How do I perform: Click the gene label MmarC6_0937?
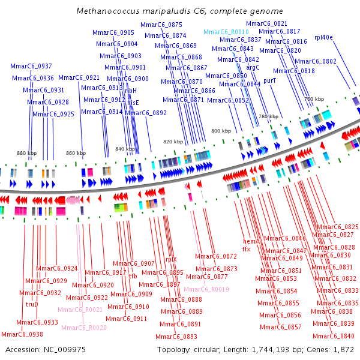[x=31, y=66]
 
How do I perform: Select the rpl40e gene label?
[x=323, y=37]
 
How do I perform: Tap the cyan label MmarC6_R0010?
[x=226, y=32]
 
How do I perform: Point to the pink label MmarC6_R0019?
[x=206, y=289]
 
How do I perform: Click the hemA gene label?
[x=251, y=241]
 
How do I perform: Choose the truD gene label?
[x=32, y=304]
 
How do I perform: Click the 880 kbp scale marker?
[x=26, y=153]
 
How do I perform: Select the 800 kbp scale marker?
[x=221, y=131]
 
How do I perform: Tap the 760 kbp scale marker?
[x=314, y=99]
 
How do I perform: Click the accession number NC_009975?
[x=65, y=350]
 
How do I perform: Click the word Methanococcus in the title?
[x=108, y=11]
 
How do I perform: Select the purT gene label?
[x=270, y=81]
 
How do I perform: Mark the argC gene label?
[x=253, y=67]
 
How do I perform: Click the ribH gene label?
[x=131, y=91]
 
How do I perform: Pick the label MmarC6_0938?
[x=22, y=334]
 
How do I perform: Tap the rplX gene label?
[x=171, y=259]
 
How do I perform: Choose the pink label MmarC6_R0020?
[x=84, y=328]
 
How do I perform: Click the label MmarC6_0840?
[x=334, y=336]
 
